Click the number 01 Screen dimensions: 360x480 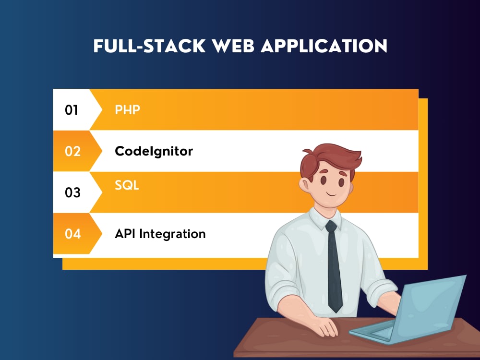tap(72, 110)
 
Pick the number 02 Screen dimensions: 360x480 tap(72, 151)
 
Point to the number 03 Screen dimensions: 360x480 tap(72, 192)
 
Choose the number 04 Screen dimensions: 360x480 tap(72, 234)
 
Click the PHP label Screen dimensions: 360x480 tap(127, 110)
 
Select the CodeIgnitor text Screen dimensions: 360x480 tap(154, 151)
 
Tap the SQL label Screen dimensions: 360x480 tap(127, 186)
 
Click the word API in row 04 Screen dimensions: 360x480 tap(124, 234)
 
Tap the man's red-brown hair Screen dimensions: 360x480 tap(331, 156)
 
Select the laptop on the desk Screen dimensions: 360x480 tap(413, 312)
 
